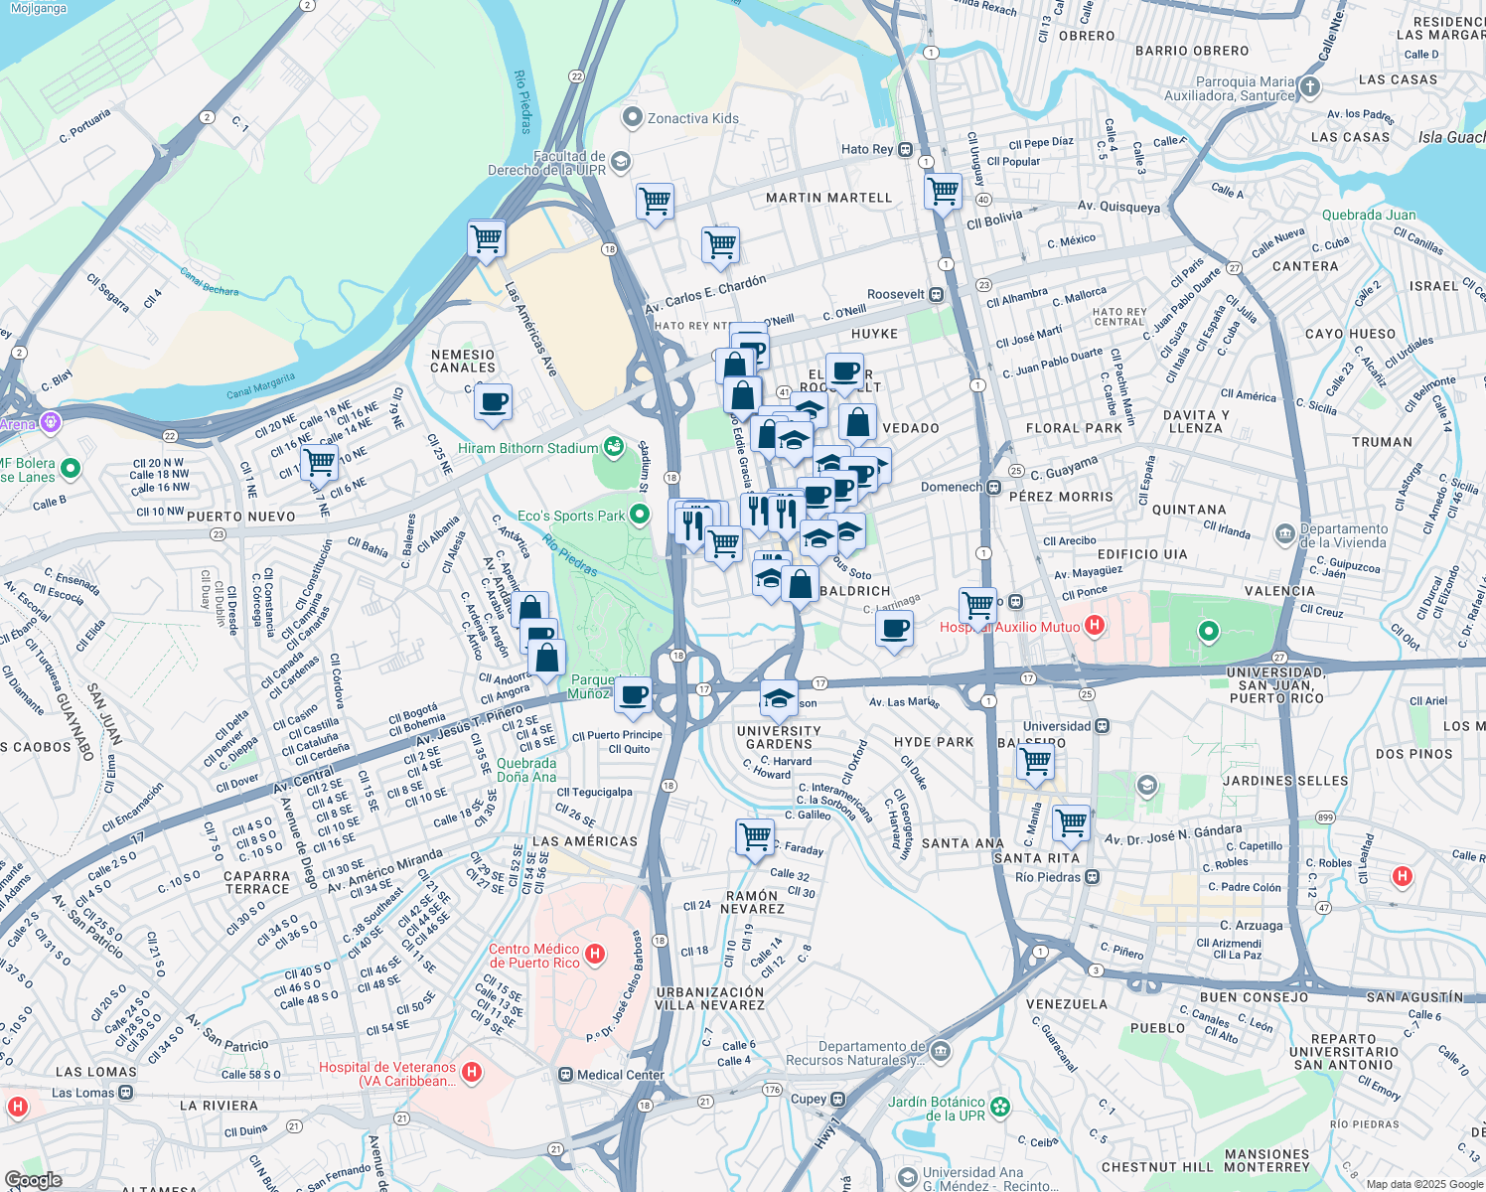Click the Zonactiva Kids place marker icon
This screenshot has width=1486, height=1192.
(632, 118)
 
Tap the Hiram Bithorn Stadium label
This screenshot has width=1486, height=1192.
(527, 448)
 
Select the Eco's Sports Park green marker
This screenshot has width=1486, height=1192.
(640, 515)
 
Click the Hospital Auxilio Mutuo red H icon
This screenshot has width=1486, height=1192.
(1095, 626)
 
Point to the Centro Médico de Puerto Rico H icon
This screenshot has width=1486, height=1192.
(595, 955)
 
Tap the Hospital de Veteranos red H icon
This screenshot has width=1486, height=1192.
(472, 1073)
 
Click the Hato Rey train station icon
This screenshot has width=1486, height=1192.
(905, 149)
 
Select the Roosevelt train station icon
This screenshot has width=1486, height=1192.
(936, 294)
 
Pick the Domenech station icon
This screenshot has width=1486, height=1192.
(993, 487)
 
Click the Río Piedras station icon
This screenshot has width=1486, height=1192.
(1093, 877)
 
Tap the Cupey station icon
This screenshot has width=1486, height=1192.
(838, 1100)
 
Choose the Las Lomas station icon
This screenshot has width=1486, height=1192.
(126, 1093)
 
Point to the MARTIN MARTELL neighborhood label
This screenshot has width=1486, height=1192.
(828, 198)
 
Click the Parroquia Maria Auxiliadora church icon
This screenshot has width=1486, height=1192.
(1309, 87)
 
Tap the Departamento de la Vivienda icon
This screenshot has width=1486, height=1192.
(1285, 534)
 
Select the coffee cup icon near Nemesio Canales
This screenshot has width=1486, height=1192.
(493, 403)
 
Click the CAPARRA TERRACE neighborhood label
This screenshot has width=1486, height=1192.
(256, 882)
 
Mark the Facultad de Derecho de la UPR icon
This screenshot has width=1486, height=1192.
(621, 162)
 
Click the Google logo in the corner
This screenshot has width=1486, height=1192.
(33, 1180)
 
